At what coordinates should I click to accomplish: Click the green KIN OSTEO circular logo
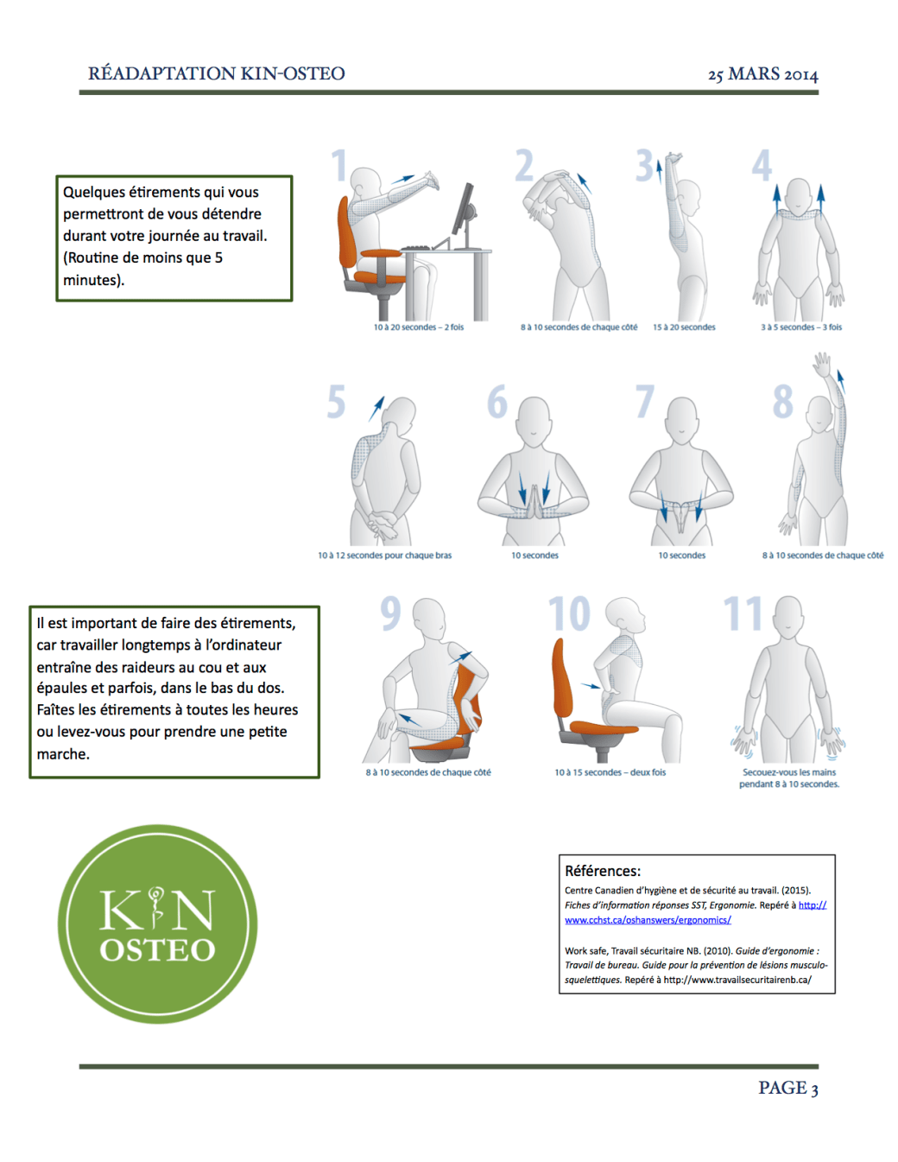pyautogui.click(x=157, y=924)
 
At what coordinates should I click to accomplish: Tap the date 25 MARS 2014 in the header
pyautogui.click(x=762, y=73)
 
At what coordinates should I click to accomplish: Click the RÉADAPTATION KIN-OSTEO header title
pyautogui.click(x=217, y=73)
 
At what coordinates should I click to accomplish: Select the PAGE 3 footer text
pyautogui.click(x=788, y=1087)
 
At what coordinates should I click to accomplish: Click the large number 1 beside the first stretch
pyautogui.click(x=339, y=165)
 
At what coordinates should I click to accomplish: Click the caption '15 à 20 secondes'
pyautogui.click(x=684, y=327)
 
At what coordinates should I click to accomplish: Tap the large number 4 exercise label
pyautogui.click(x=762, y=165)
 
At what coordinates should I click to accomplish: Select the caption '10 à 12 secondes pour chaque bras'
pyautogui.click(x=384, y=555)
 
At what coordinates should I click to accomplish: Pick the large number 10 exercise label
pyautogui.click(x=570, y=613)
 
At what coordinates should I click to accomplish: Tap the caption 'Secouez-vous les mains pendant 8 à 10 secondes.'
pyautogui.click(x=789, y=778)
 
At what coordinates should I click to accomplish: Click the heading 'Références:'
pyautogui.click(x=603, y=871)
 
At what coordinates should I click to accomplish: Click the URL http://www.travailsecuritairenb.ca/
pyautogui.click(x=737, y=980)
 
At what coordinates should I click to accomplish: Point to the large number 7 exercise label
pyautogui.click(x=645, y=401)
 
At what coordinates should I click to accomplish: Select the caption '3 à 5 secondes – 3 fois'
pyautogui.click(x=801, y=327)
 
